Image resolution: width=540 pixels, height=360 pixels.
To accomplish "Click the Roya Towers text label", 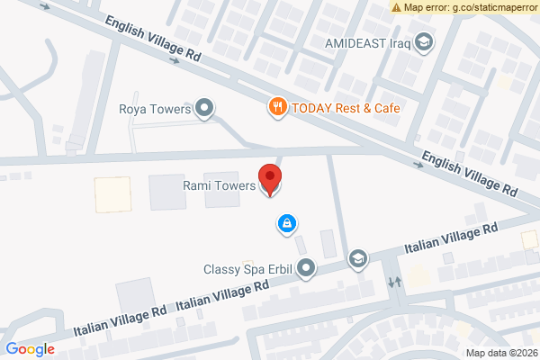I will click(x=156, y=110).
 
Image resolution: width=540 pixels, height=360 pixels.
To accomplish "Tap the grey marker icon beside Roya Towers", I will click(x=205, y=110).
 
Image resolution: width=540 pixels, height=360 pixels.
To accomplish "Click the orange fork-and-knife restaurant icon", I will click(x=278, y=107).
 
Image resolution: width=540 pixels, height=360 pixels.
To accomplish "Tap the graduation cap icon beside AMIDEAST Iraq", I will click(x=423, y=42).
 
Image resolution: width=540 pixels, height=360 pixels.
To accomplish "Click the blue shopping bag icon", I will click(x=286, y=222).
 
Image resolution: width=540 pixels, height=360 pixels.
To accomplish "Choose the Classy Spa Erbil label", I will click(x=247, y=268).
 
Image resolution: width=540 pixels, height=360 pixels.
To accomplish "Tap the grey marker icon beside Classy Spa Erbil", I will click(x=307, y=267).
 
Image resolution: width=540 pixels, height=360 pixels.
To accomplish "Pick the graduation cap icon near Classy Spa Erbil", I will click(x=358, y=259).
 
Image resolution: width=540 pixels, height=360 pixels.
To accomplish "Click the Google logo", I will click(x=30, y=349).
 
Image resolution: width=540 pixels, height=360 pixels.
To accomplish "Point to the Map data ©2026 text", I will click(x=500, y=352).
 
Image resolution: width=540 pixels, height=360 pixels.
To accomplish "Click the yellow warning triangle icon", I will click(x=397, y=7).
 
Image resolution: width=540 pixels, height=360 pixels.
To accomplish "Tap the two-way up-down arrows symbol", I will click(x=394, y=282).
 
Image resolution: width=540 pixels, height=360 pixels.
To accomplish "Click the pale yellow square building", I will click(x=112, y=194).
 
